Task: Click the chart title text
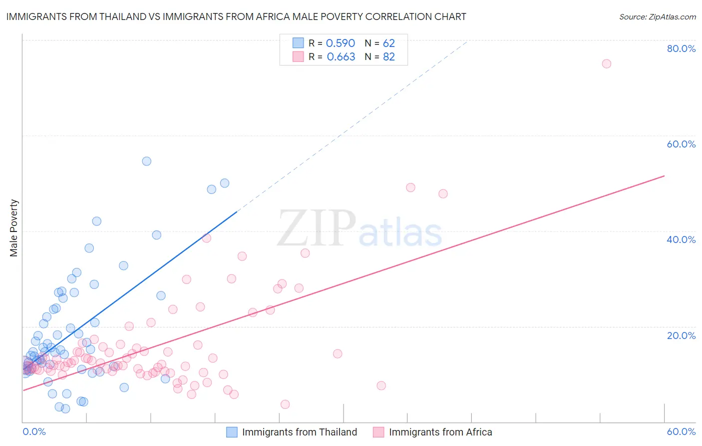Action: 236,16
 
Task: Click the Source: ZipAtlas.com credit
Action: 657,16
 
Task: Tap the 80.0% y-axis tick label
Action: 681,48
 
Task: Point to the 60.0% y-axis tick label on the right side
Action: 681,144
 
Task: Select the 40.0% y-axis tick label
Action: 681,239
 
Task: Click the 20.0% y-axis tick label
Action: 681,335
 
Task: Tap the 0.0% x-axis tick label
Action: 34,431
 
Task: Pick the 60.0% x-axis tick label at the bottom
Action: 681,431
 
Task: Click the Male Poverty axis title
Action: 13,228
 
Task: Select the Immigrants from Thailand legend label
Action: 300,432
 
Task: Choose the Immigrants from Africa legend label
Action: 440,432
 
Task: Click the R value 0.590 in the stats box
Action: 341,43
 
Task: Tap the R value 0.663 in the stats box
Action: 341,57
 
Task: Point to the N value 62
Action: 389,43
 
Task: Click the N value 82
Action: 389,57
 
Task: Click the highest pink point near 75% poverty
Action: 607,63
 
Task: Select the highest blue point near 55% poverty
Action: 146,161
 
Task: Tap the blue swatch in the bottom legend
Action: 232,432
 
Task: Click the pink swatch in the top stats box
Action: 298,56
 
